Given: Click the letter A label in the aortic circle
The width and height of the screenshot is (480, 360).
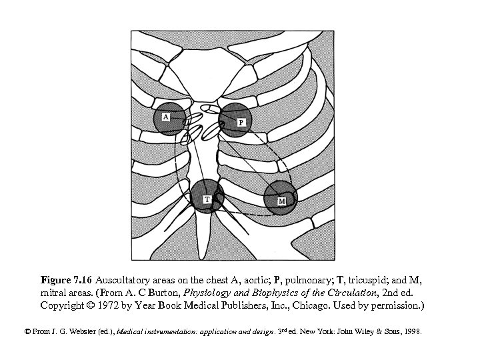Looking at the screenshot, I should coord(165,116).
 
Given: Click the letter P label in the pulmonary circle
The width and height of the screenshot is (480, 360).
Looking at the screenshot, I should coord(241,122).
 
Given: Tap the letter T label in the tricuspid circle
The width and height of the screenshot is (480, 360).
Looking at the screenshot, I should coord(207,199).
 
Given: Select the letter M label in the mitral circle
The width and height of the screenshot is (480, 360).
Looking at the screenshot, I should coord(281,200).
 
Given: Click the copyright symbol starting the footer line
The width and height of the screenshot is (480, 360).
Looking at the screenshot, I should coord(27,331).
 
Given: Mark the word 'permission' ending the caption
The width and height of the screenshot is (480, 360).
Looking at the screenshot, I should coord(398,305).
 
